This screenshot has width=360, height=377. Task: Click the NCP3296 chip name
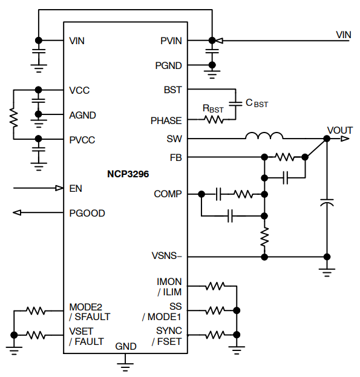point(125,173)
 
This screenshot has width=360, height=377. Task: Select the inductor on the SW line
point(264,136)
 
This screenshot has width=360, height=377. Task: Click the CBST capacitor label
point(256,103)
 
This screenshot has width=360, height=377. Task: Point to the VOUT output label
point(339,130)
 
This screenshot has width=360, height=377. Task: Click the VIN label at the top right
point(344,34)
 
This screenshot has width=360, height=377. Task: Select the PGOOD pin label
point(87,213)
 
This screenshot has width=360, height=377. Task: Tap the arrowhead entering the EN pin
point(59,188)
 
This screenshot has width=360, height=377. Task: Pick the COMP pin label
point(168,194)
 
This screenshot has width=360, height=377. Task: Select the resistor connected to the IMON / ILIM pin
point(215,285)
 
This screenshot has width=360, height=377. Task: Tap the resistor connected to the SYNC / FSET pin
point(215,334)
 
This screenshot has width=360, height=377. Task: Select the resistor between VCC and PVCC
point(13,115)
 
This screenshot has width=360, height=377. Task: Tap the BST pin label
point(172,90)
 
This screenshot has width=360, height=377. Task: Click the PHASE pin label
point(166,120)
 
